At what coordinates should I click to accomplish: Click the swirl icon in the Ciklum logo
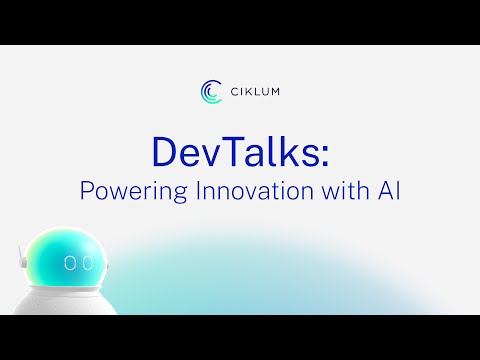point(210,91)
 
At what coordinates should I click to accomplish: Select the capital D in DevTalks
point(164,151)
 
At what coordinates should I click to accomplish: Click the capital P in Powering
point(86,189)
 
